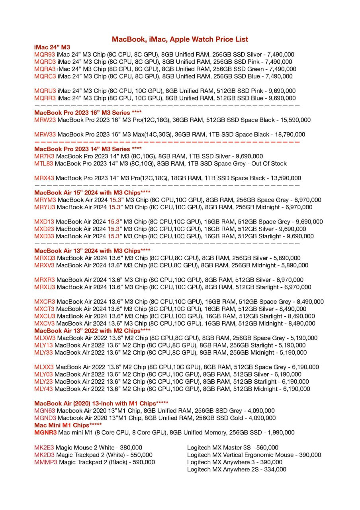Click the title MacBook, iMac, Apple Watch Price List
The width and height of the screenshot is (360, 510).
click(x=180, y=39)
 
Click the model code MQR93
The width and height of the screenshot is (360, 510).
click(x=45, y=55)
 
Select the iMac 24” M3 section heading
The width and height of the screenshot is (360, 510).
click(x=52, y=47)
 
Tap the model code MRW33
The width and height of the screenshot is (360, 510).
click(x=45, y=135)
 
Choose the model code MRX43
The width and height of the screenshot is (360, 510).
click(x=44, y=178)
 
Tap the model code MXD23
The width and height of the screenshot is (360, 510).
click(x=44, y=229)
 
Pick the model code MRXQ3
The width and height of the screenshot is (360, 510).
click(x=45, y=258)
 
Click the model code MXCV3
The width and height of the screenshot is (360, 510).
click(x=45, y=324)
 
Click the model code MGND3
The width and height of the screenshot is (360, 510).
click(x=45, y=418)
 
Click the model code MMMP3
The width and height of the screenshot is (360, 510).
click(x=46, y=462)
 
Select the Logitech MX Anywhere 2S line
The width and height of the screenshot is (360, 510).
click(x=237, y=469)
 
